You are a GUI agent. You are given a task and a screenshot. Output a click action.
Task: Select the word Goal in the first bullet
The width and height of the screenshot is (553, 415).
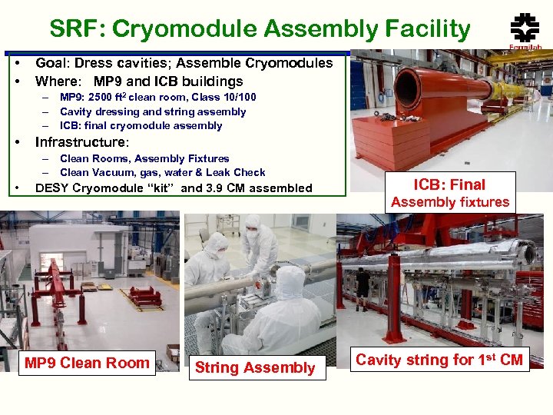pos(52,63)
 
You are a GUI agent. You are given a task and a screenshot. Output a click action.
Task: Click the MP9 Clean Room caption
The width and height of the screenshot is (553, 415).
pos(86,363)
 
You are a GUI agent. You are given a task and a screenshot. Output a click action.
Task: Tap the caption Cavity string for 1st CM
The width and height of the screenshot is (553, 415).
pos(439,360)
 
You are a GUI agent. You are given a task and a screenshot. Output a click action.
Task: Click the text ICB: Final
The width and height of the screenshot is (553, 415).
pos(449,184)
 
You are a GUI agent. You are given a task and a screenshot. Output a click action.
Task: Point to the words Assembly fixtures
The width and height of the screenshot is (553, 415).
pos(450,202)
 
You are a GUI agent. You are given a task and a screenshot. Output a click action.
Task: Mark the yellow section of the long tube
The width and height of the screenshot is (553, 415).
pos(508,90)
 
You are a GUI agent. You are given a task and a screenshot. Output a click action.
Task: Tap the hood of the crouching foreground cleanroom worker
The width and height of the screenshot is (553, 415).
pos(290,281)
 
